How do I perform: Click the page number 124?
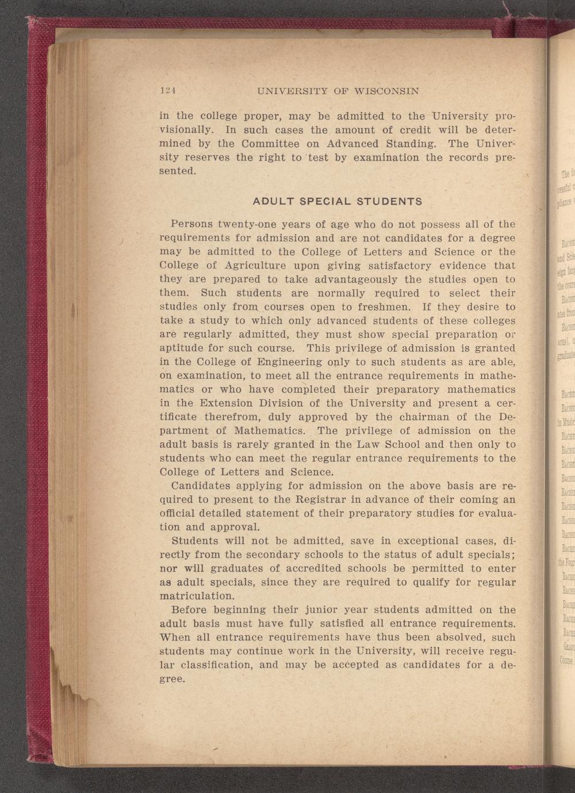(x=167, y=91)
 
